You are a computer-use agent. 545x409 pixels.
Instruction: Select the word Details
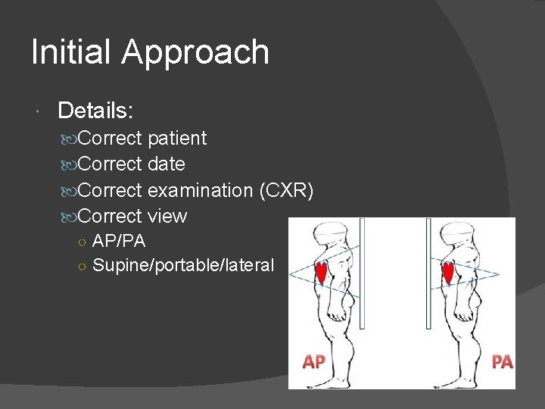coord(95,111)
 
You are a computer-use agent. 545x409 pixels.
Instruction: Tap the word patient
coord(177,139)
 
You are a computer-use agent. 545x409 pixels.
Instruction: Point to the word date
coord(167,164)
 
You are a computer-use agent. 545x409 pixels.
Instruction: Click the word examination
coord(200,190)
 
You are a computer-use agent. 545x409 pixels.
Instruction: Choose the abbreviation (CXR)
coord(285,190)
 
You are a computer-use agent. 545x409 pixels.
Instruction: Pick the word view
coord(167,217)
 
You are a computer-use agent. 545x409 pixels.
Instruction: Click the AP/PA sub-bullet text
coord(119,242)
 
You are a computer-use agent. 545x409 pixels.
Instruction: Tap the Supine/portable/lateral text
coord(182,265)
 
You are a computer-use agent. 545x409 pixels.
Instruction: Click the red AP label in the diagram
coord(313,362)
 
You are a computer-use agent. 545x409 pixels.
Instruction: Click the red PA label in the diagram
coord(502,362)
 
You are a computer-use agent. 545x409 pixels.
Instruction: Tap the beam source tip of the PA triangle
coord(500,273)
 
